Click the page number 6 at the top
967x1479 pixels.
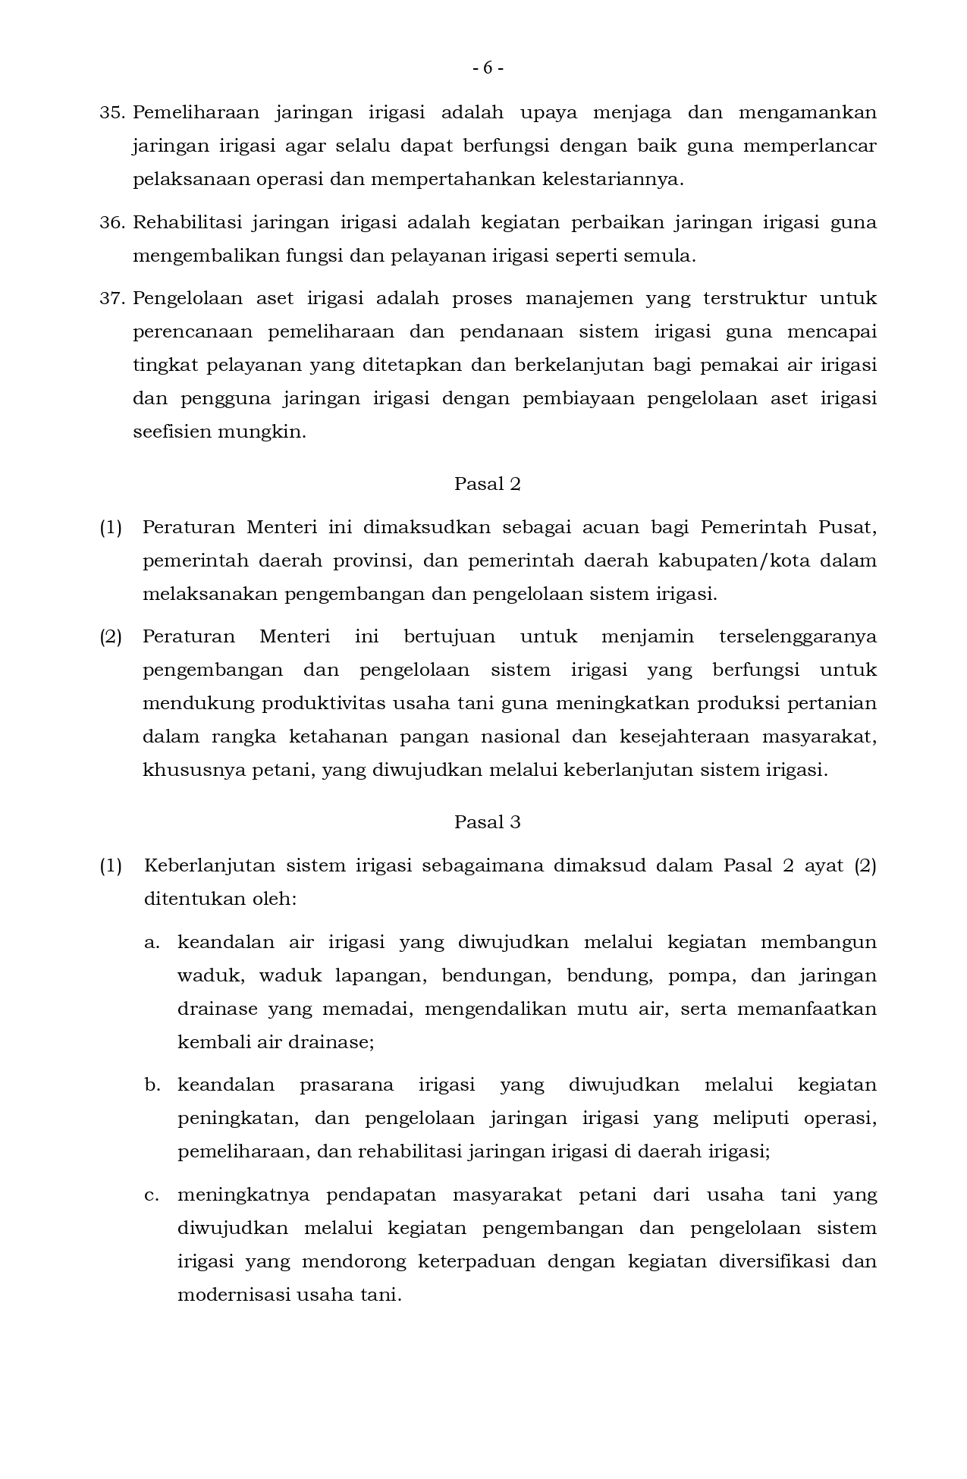pos(488,68)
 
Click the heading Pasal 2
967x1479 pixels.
pos(487,484)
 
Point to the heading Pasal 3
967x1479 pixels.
pos(487,822)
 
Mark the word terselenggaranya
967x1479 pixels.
pos(797,636)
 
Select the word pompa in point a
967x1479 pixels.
pos(701,976)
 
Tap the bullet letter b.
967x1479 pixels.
pos(152,1085)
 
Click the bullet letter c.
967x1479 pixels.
pos(152,1195)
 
